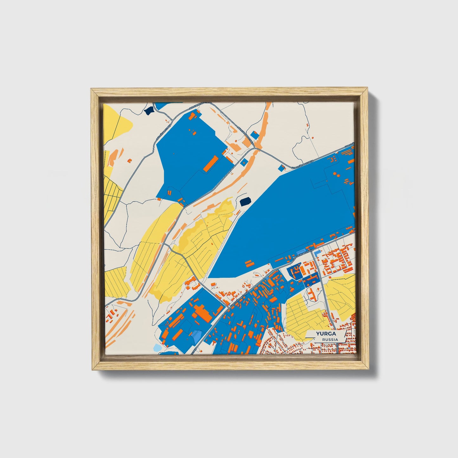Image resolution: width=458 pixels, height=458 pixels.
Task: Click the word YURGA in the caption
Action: (326, 334)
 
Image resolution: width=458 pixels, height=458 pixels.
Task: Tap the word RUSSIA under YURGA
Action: (330, 339)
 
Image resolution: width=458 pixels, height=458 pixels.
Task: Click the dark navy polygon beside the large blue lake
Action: (245, 201)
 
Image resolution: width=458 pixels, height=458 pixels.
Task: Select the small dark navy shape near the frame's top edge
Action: (148, 111)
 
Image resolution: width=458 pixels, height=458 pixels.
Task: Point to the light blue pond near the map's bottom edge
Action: (158, 348)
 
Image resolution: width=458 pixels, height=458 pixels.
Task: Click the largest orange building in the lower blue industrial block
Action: (202, 312)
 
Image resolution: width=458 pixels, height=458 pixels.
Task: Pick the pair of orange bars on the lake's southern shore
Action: (249, 263)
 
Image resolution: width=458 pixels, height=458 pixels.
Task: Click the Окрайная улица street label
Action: (163, 133)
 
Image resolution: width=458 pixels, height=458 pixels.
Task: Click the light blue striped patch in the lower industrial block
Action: (197, 334)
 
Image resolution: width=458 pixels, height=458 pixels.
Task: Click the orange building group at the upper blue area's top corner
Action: (194, 115)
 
